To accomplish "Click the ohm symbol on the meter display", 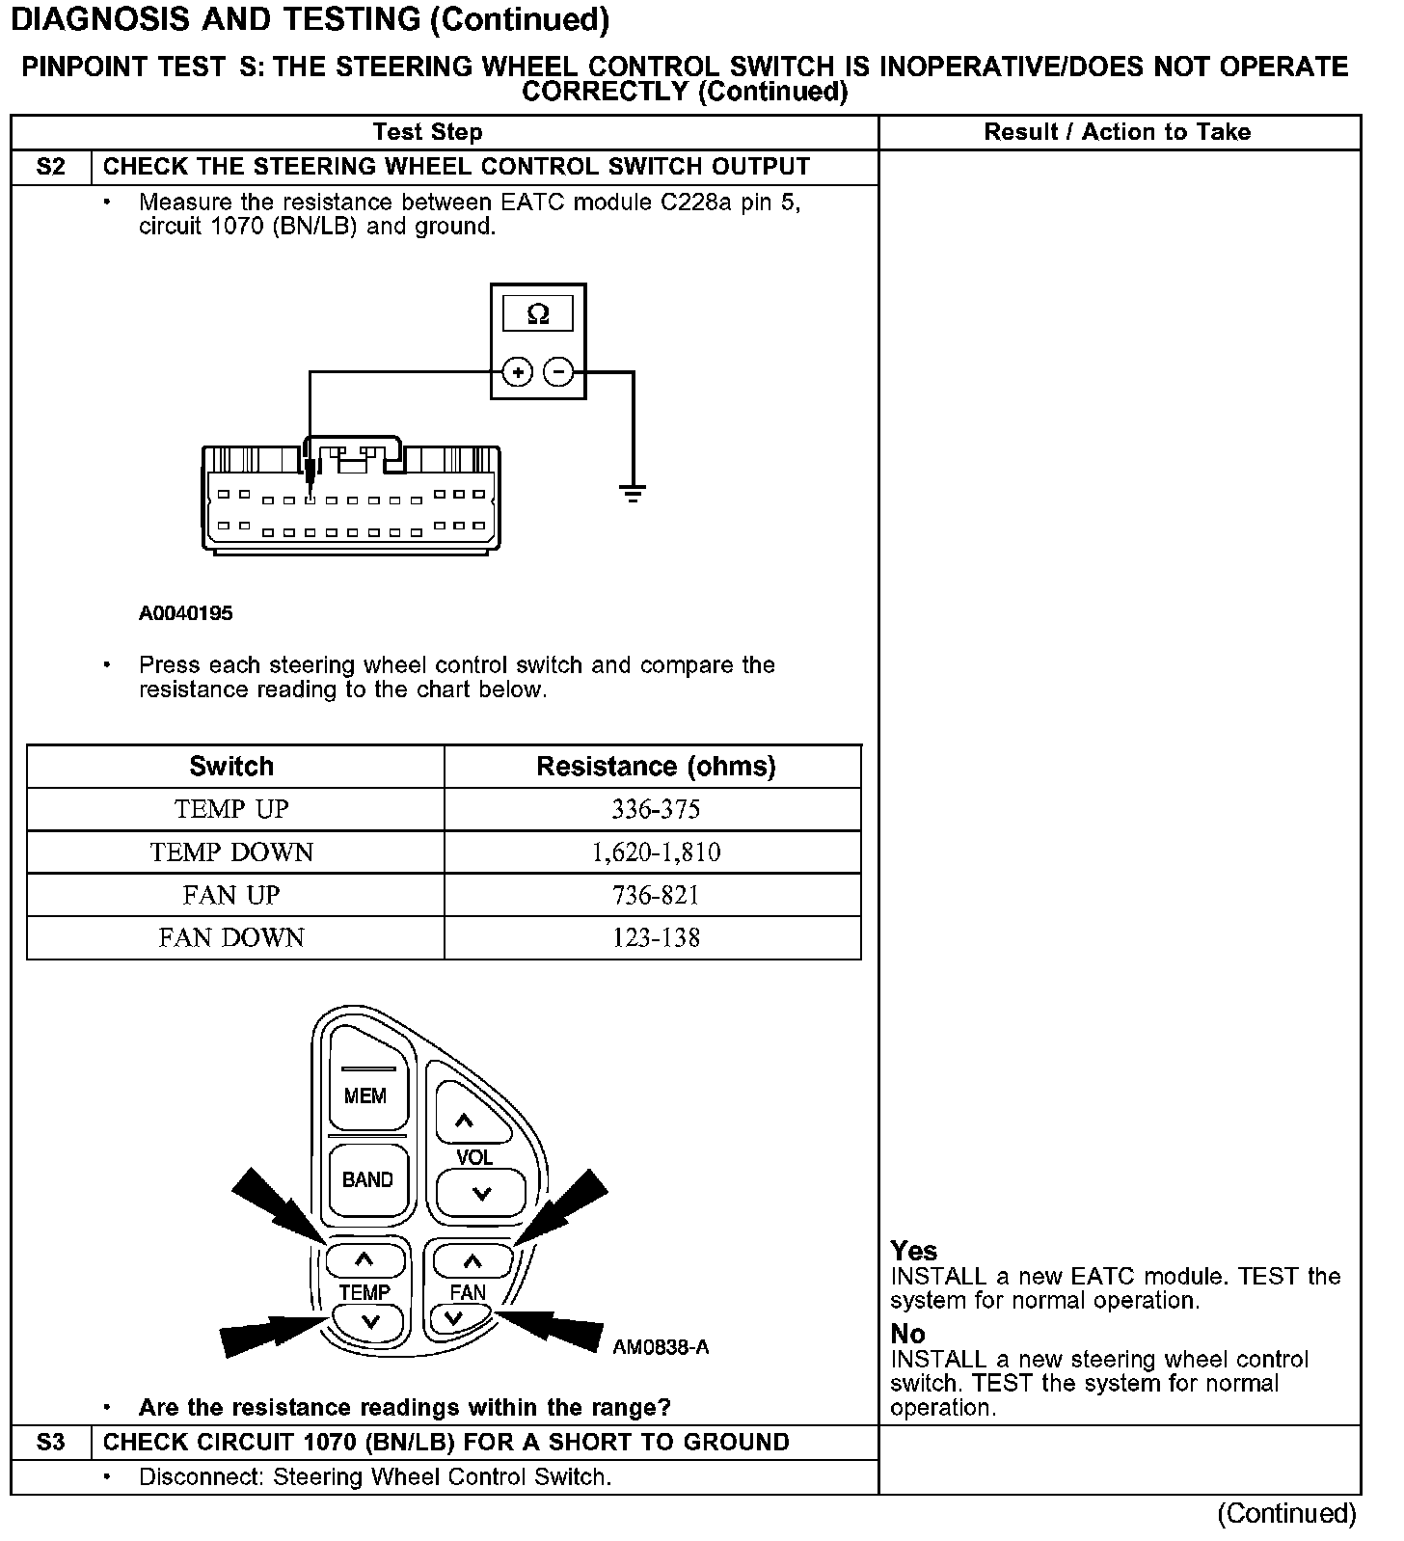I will (x=538, y=313).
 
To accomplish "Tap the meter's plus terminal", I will (x=518, y=372).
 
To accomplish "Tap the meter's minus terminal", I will (x=558, y=372).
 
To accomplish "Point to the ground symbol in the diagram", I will (x=633, y=495).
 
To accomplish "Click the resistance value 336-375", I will (x=655, y=809).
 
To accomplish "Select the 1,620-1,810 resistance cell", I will (x=655, y=852).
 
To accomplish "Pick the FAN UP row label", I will (x=231, y=895).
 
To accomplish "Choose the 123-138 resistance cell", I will (x=655, y=937).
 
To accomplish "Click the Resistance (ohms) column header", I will (x=655, y=767).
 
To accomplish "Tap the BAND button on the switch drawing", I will (x=366, y=1179).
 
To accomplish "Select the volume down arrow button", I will (x=481, y=1194).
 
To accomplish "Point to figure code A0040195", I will (x=185, y=613).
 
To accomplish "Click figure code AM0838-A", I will (x=661, y=1347).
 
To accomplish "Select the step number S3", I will (x=50, y=1442).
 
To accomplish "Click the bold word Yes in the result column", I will (x=913, y=1251).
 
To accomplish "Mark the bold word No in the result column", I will (x=907, y=1334).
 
